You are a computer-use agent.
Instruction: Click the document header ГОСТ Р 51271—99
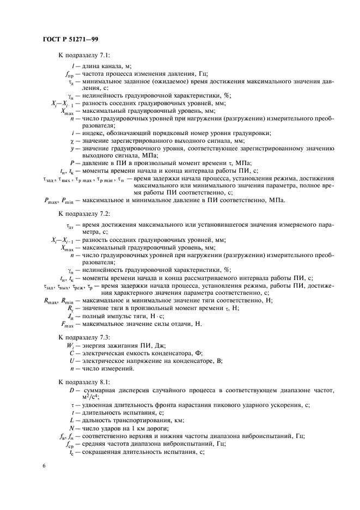pyautogui.click(x=70, y=39)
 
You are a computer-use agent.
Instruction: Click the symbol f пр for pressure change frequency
pyautogui.click(x=69, y=75)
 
